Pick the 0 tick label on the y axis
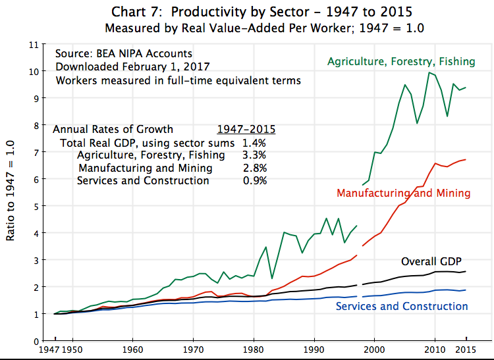click(x=36, y=341)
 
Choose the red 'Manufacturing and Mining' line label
click(x=403, y=193)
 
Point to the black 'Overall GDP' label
click(x=431, y=261)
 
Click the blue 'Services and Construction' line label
click(x=402, y=306)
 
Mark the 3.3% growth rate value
click(x=254, y=155)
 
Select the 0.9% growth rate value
click(x=254, y=180)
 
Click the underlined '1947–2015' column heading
click(x=246, y=129)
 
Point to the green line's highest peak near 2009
click(x=429, y=72)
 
